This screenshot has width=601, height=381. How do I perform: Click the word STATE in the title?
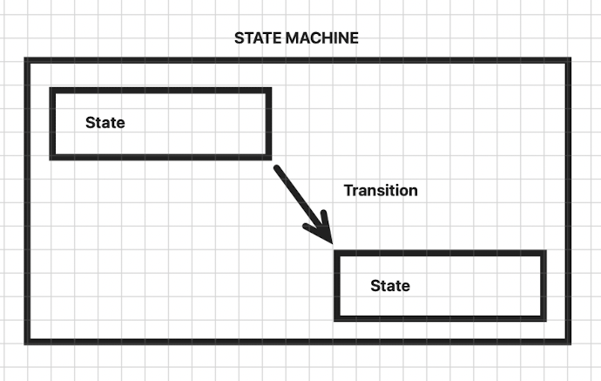point(255,38)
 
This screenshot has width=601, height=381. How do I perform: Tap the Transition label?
point(381,190)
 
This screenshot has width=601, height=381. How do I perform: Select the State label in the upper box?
point(105,123)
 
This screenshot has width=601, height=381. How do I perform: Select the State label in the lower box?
point(390,286)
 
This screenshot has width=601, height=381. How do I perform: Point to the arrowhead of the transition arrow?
point(329,240)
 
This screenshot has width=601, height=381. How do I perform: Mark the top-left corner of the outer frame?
point(27,60)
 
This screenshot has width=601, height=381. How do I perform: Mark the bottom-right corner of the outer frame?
point(570,339)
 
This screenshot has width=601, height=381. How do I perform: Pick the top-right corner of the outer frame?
point(570,60)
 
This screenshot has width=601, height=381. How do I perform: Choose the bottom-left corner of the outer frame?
point(27,339)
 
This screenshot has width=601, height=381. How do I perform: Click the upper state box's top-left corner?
point(53,90)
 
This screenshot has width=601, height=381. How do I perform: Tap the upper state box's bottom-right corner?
point(268,157)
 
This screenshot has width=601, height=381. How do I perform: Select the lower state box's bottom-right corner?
point(544,317)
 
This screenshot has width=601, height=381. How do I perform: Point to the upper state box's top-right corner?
point(268,90)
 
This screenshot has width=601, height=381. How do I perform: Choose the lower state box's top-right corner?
point(544,253)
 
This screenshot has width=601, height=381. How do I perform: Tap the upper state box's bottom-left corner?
point(53,157)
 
